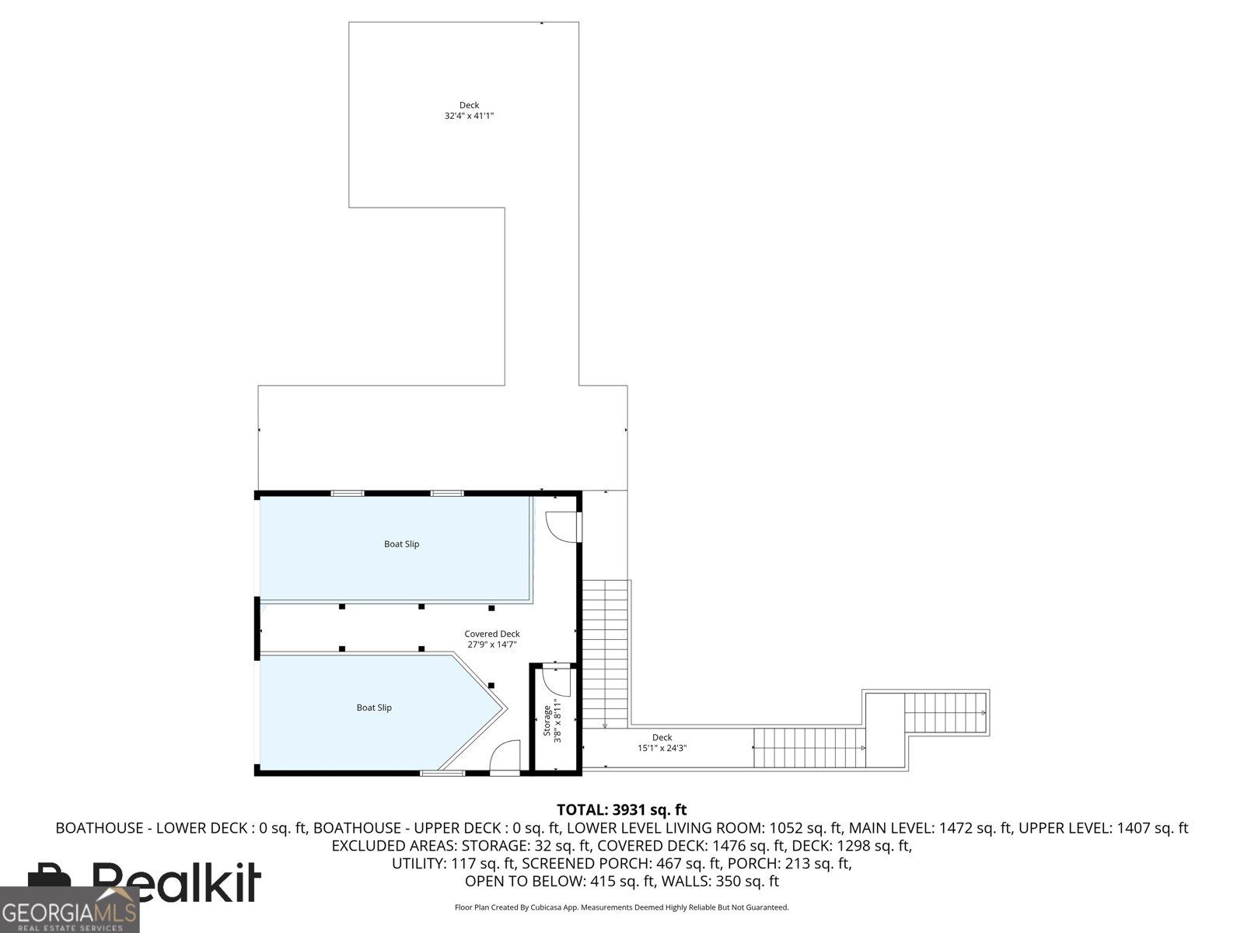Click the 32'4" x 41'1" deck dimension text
pyautogui.click(x=469, y=116)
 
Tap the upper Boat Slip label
pyautogui.click(x=401, y=543)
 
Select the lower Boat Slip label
pyautogui.click(x=373, y=708)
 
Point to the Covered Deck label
pyautogui.click(x=492, y=634)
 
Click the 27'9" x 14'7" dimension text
pyautogui.click(x=492, y=645)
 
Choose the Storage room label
pyautogui.click(x=547, y=721)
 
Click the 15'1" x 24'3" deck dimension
pyautogui.click(x=662, y=748)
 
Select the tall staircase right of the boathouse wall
pyautogui.click(x=605, y=655)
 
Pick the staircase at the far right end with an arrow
pyautogui.click(x=945, y=712)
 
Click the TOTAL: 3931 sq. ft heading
pyautogui.click(x=621, y=810)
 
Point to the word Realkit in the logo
pyautogui.click(x=176, y=882)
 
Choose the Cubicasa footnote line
pyautogui.click(x=622, y=907)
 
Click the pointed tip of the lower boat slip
pyautogui.click(x=506, y=708)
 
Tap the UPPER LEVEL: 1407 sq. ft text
pyautogui.click(x=1102, y=828)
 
